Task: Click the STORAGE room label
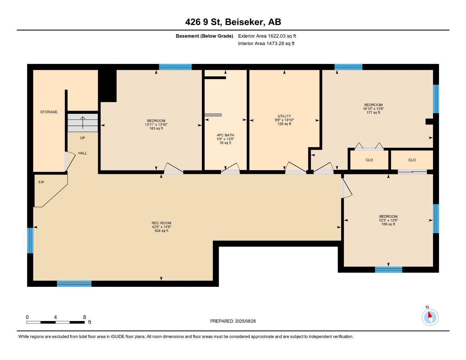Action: (49, 112)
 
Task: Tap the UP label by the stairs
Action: (82, 138)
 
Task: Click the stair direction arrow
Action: (83, 123)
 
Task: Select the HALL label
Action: (82, 153)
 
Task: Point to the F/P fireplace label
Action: (41, 182)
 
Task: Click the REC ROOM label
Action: (161, 223)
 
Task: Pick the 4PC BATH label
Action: (225, 135)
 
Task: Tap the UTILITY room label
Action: (284, 116)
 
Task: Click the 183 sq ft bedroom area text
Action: (156, 129)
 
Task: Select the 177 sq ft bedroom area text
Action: (373, 112)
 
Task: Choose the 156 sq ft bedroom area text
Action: (388, 224)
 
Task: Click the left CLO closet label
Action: (369, 160)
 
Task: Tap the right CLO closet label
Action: (412, 160)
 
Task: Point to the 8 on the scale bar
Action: (84, 317)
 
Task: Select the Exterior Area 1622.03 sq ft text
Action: (267, 36)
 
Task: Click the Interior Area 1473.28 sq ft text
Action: (266, 44)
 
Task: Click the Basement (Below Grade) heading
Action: (204, 36)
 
